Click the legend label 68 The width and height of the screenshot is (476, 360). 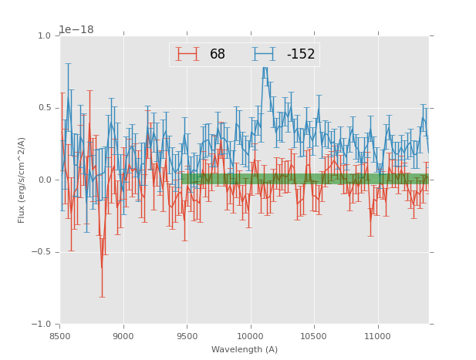(x=217, y=55)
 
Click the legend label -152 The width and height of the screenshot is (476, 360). (x=300, y=55)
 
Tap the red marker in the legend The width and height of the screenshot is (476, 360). (x=187, y=54)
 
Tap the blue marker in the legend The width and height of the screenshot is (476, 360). (x=264, y=54)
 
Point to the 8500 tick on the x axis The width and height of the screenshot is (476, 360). (x=60, y=336)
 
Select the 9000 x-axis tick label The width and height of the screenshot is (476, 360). (x=123, y=336)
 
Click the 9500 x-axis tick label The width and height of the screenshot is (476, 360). (x=187, y=336)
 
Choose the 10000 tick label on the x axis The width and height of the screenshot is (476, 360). (x=250, y=336)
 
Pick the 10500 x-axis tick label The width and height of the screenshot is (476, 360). (x=314, y=336)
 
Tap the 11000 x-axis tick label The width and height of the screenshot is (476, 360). (x=377, y=336)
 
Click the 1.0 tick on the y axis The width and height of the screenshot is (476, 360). (x=43, y=36)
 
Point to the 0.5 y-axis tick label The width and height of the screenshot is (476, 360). (x=43, y=108)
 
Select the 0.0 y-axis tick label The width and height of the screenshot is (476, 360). (x=43, y=180)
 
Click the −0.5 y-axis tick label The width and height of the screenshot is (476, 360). (x=41, y=252)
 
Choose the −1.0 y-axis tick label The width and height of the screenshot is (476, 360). (x=41, y=325)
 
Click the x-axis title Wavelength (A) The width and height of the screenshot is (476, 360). (x=245, y=350)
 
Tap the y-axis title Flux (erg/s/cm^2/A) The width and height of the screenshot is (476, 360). (x=22, y=180)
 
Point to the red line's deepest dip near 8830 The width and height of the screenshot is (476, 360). (x=102, y=267)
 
